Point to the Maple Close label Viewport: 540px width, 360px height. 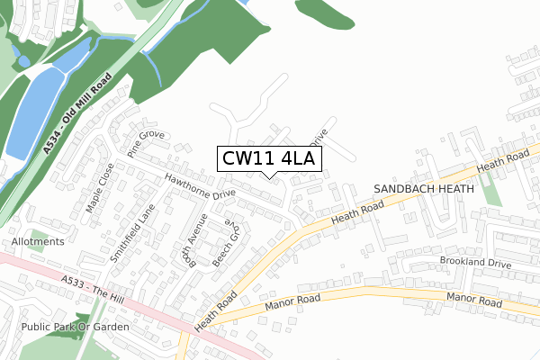pyautogui.click(x=100, y=188)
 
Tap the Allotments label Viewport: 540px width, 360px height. pyautogui.click(x=38, y=242)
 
